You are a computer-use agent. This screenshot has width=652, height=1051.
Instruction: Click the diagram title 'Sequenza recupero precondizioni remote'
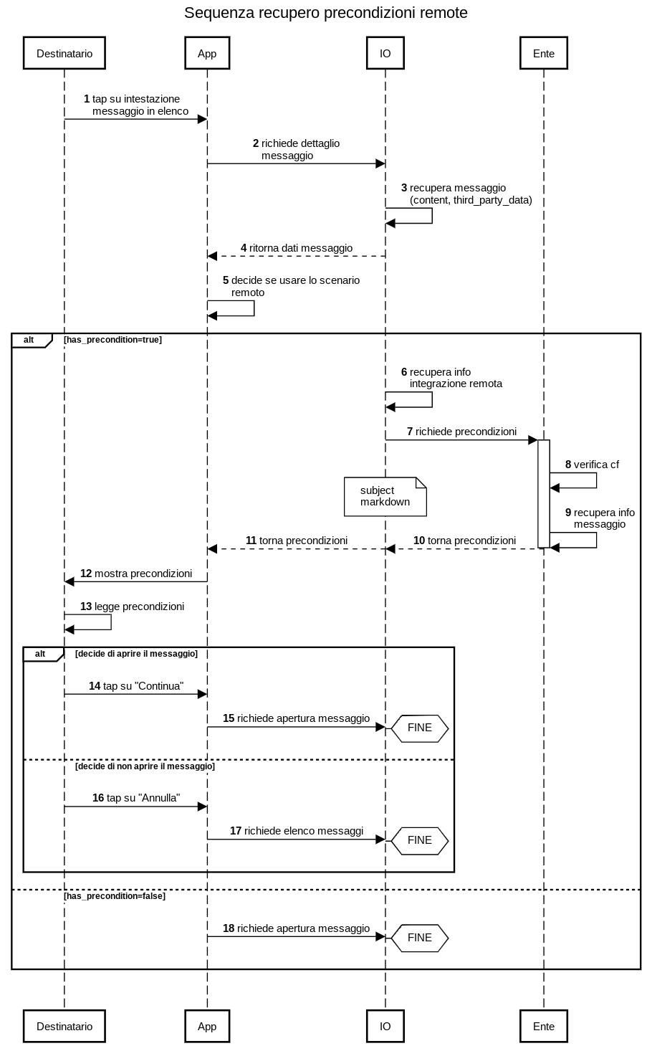[x=326, y=13]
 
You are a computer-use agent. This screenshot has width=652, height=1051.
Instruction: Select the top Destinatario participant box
[x=64, y=53]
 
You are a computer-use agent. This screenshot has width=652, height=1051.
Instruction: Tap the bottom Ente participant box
[x=544, y=1026]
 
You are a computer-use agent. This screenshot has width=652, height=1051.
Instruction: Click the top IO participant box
[x=385, y=53]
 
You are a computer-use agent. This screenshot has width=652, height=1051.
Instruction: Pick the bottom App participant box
[x=207, y=1026]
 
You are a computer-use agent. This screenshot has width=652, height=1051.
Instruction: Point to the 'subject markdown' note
[x=385, y=496]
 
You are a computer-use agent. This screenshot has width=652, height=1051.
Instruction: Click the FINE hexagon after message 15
[x=419, y=728]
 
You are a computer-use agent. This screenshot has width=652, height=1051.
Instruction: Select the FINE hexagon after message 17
[x=419, y=840]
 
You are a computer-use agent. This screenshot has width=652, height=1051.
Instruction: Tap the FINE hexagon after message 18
[x=419, y=937]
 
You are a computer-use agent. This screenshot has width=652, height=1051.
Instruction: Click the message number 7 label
[x=410, y=432]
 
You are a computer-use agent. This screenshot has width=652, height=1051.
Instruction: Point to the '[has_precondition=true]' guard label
[x=113, y=340]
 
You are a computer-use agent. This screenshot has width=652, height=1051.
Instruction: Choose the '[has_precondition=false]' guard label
[x=115, y=896]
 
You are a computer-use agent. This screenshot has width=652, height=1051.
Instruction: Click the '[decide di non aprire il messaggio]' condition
[x=145, y=766]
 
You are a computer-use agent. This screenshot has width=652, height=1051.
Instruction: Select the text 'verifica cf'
[x=596, y=465]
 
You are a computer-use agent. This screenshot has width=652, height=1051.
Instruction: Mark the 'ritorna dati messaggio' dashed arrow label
[x=301, y=248]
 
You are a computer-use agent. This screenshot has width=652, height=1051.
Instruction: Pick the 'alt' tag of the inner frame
[x=40, y=654]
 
